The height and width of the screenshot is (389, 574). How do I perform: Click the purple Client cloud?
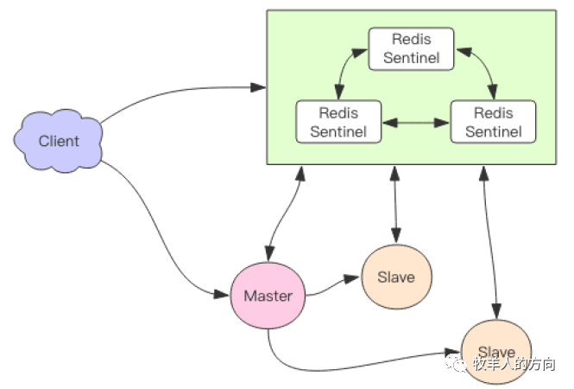click(59, 141)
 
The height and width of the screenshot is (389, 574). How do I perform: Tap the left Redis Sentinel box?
click(338, 122)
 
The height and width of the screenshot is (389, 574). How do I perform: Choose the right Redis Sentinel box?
click(493, 122)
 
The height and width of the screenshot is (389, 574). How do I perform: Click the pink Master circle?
click(268, 296)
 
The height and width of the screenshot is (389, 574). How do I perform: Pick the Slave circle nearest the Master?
click(396, 277)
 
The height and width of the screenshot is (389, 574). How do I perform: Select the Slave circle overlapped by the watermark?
click(495, 351)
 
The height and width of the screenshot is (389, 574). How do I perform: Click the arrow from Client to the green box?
click(173, 93)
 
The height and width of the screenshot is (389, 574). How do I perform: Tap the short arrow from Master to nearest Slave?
click(332, 284)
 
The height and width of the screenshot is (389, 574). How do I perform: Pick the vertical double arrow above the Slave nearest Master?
click(395, 204)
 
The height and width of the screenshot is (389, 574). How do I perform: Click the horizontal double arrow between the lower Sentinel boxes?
click(416, 123)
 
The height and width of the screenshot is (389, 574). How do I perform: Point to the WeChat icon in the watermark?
click(456, 365)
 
